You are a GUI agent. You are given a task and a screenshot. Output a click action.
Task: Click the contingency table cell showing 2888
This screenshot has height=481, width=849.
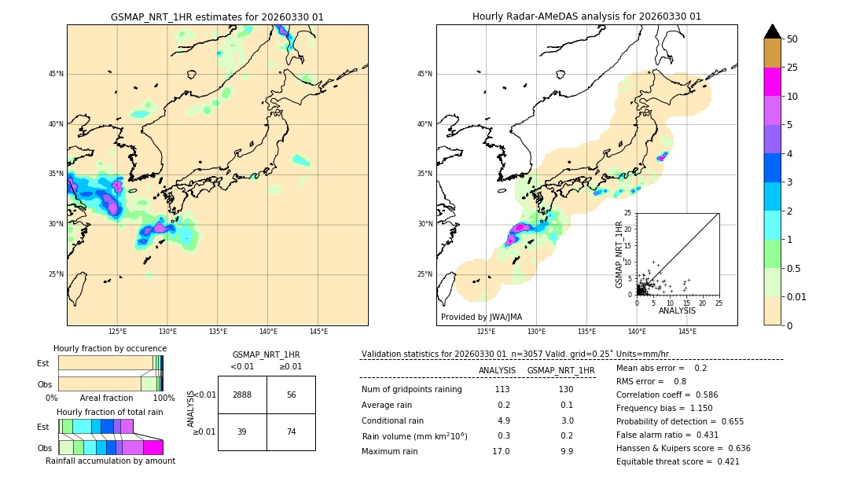(242, 395)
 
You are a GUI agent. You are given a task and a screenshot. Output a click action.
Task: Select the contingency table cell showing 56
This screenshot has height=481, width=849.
(291, 395)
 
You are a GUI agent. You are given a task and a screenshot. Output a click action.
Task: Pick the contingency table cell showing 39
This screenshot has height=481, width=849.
(242, 431)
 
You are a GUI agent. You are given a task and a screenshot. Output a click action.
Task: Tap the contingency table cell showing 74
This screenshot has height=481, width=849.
(291, 431)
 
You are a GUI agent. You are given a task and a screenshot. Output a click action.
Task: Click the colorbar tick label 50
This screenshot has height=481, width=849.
(792, 39)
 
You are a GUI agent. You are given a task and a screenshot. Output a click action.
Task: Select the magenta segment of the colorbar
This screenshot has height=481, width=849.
(773, 82)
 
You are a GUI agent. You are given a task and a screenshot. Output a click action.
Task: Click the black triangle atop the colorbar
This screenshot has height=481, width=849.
(773, 31)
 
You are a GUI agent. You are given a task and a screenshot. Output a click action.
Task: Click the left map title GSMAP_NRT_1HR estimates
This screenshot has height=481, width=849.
(217, 17)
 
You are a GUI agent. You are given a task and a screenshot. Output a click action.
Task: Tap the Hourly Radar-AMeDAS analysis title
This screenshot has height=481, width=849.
(586, 17)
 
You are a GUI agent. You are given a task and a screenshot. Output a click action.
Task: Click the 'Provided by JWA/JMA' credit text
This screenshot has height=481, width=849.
(481, 317)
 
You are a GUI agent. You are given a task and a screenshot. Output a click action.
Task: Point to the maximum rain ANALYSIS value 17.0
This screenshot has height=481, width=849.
(501, 451)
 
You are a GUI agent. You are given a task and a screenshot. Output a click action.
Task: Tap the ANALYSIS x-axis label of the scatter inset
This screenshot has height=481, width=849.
(677, 310)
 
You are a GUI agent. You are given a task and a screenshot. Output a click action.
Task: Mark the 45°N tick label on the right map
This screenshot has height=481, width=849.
(424, 74)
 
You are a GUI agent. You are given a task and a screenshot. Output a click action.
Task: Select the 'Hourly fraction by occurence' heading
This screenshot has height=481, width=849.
(110, 348)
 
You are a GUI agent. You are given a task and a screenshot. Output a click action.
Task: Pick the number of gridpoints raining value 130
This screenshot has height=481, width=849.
(566, 389)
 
